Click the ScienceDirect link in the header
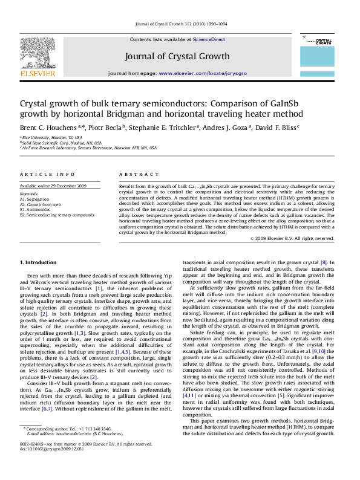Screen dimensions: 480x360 tap(209, 39)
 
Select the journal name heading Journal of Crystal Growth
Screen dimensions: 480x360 tap(177, 56)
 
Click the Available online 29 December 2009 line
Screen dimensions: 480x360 tap(53, 186)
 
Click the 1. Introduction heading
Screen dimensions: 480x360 tap(39, 262)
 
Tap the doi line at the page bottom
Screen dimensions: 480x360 tap(44, 466)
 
